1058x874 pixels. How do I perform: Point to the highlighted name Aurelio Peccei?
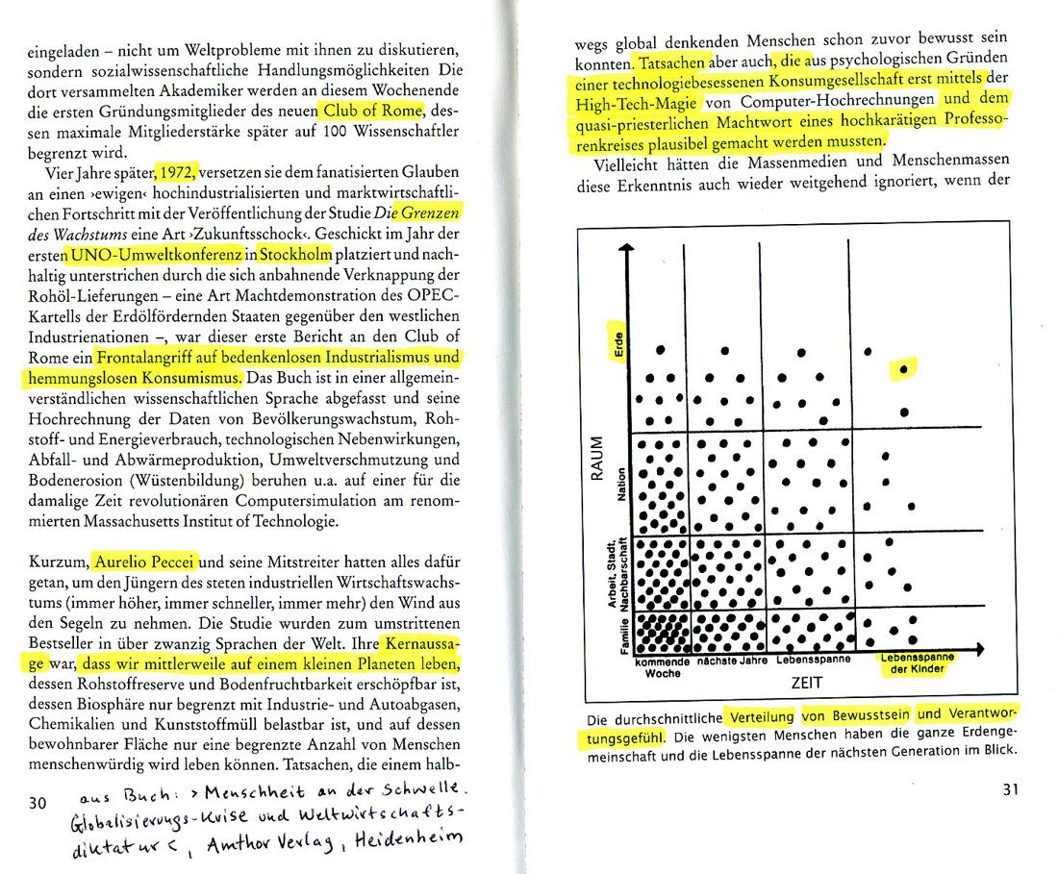145,561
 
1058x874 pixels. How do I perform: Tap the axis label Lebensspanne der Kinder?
915,664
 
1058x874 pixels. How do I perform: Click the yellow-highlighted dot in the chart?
903,368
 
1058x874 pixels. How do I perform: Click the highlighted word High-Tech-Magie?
638,102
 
